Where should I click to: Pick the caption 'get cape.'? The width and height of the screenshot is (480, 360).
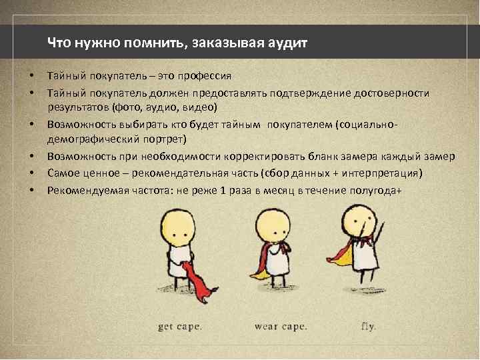180,327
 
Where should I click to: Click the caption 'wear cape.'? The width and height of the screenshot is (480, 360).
281,327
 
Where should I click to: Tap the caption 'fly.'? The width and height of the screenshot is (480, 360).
368,327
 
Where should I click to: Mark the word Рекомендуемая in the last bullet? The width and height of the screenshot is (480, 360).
81,191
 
